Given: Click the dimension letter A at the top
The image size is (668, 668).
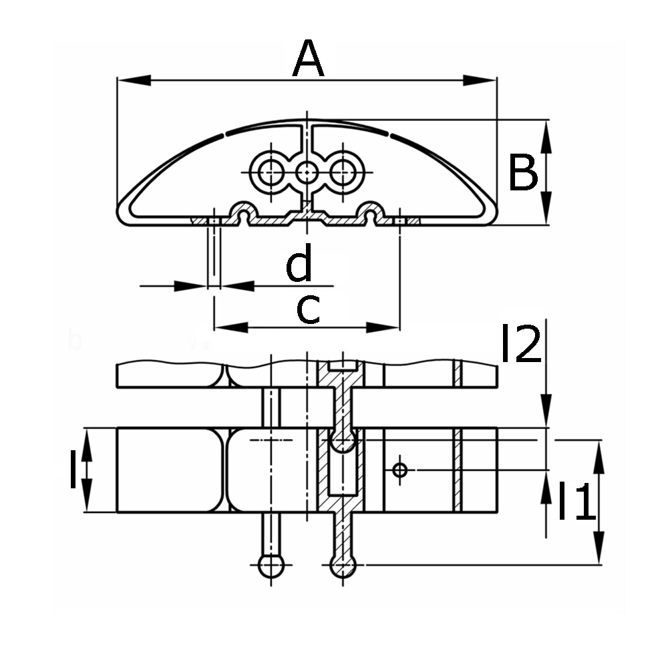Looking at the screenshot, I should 308,59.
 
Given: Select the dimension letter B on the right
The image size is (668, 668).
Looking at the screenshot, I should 522,173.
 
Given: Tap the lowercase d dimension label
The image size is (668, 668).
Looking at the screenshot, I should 299,264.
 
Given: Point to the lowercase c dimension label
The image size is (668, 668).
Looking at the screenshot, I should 308,309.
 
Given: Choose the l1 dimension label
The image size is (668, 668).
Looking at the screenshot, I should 576,502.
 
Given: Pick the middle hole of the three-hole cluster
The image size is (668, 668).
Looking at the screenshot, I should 307,172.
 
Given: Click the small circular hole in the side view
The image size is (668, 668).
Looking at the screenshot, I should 399,470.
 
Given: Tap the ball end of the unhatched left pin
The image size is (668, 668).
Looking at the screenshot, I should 271,566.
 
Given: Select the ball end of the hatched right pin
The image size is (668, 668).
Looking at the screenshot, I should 343,566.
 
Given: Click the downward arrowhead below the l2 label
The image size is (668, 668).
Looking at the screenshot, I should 546,411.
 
